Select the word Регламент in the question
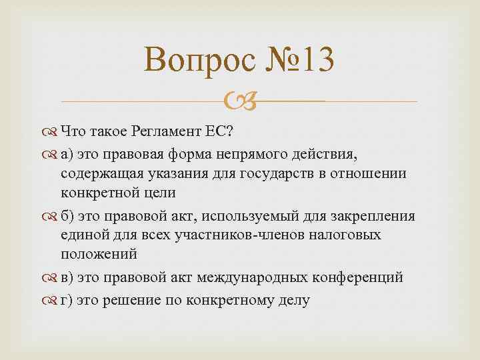click(x=177, y=130)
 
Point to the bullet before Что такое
click(x=51, y=131)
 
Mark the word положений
click(x=99, y=254)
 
